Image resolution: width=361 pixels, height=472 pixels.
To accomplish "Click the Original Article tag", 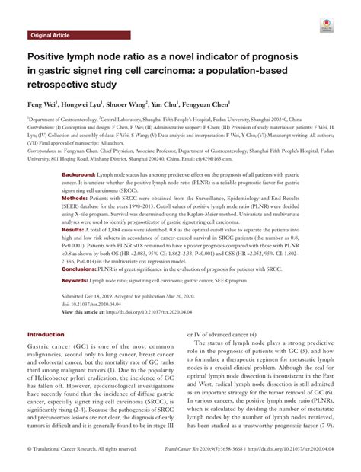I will coord(51,36).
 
